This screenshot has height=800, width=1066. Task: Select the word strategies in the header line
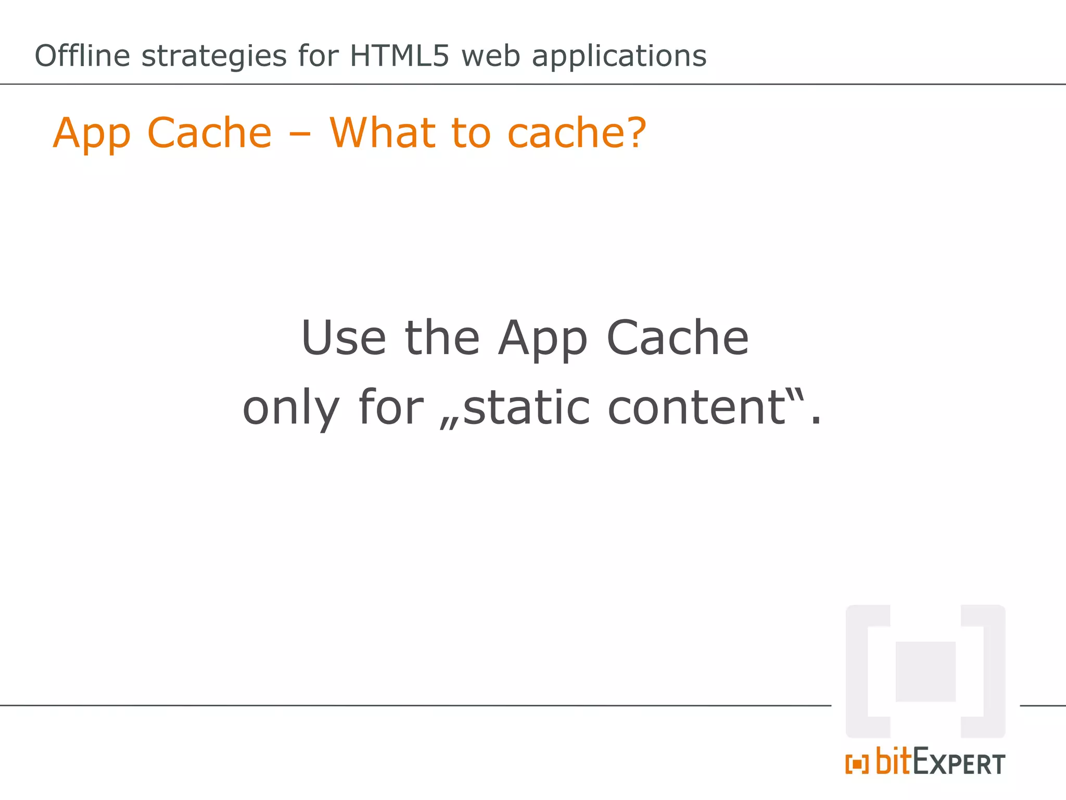tap(213, 56)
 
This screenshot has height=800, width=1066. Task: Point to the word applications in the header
tap(619, 56)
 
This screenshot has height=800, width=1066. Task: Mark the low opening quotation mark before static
tap(449, 423)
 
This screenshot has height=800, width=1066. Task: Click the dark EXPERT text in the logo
tap(959, 764)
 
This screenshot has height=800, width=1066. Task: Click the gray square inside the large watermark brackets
tap(925, 671)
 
